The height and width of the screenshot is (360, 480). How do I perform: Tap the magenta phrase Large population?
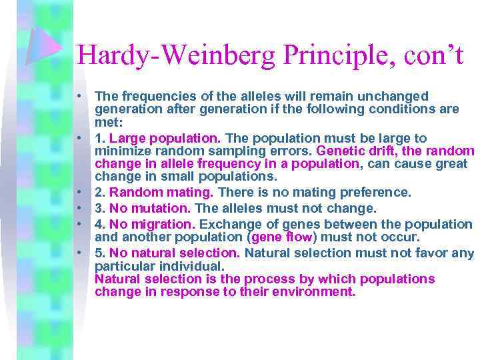[x=164, y=139]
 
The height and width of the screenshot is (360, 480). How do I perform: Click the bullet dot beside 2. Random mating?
[x=79, y=193]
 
